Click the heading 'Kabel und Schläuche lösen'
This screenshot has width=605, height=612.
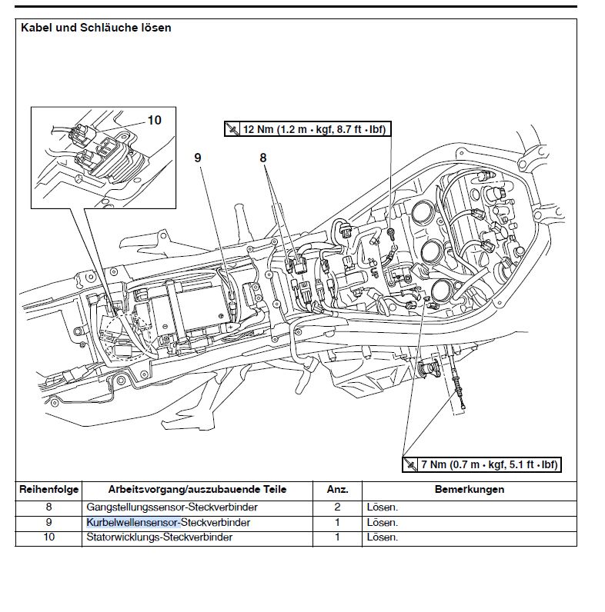[96, 28]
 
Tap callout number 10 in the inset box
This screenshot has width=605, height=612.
[155, 120]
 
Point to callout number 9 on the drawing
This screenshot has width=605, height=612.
[198, 157]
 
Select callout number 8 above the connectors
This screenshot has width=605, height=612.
[262, 157]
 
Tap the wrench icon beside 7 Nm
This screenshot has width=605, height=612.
[409, 464]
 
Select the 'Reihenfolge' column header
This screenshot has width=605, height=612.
[48, 490]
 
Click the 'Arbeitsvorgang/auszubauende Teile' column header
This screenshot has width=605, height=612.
[197, 490]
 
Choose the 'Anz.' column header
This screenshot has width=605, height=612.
[337, 490]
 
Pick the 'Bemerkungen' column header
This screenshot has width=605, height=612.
[469, 490]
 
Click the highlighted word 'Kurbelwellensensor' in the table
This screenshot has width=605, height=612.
[132, 523]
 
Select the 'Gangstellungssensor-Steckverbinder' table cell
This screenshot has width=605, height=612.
[172, 507]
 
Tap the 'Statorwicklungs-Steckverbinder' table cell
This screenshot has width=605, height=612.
[160, 537]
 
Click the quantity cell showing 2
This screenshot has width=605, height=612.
[337, 507]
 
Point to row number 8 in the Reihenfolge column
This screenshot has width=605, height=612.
[48, 507]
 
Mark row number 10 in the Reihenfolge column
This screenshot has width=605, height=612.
[48, 537]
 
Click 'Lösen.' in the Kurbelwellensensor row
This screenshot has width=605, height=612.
[383, 523]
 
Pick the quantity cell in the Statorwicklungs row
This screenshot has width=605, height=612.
[337, 537]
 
